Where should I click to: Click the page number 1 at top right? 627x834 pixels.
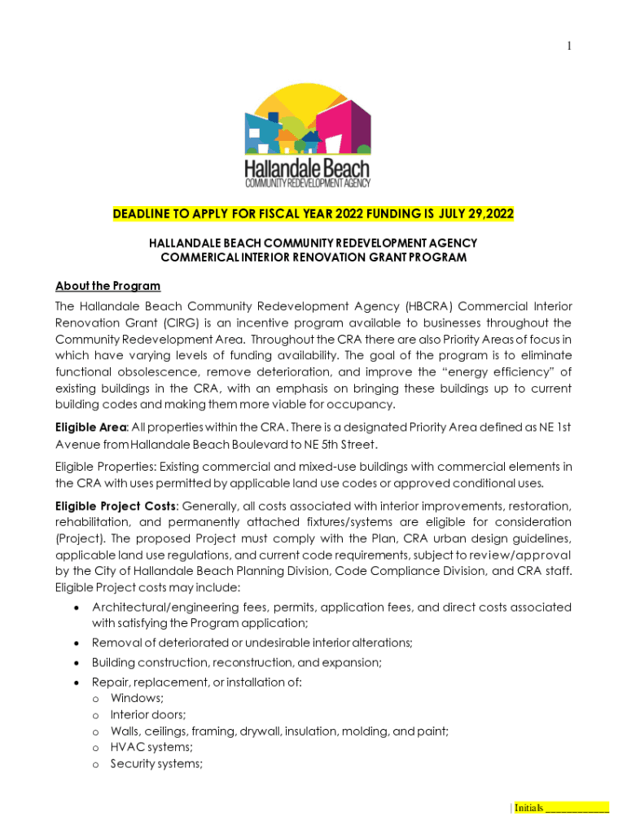(569, 46)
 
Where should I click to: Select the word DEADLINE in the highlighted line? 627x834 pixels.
(141, 214)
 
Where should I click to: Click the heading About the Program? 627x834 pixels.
(107, 286)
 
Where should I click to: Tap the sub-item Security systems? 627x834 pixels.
(156, 763)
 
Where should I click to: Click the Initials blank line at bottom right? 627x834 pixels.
(577, 808)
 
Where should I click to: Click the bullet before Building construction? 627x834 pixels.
(76, 663)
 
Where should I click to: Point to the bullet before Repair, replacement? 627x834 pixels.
(76, 683)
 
